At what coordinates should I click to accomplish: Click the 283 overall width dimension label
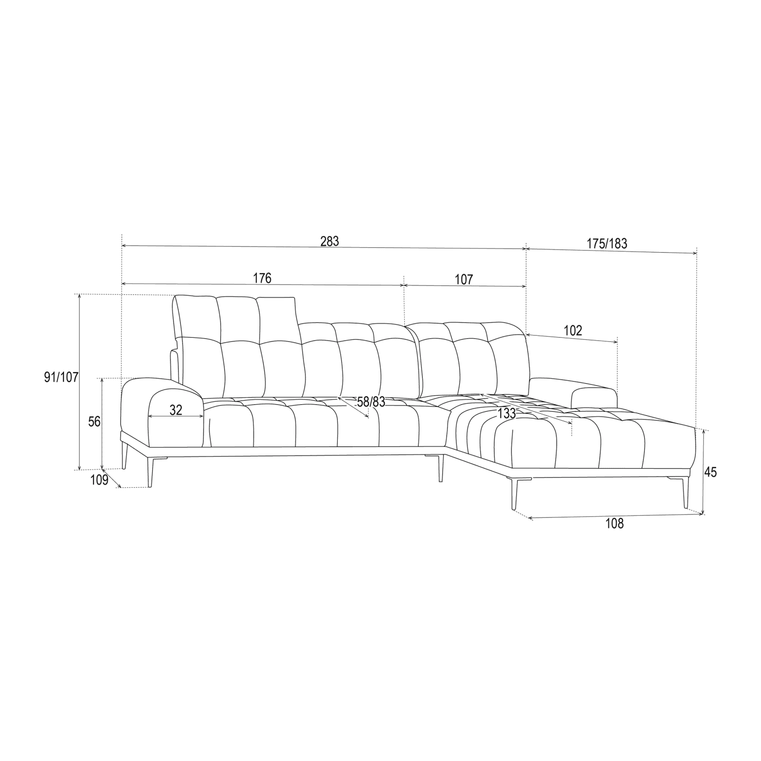click(329, 242)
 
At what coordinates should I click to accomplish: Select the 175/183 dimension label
click(607, 244)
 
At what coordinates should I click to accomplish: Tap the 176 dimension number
click(262, 279)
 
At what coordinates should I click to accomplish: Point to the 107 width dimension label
click(463, 280)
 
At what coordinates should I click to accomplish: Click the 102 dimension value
click(573, 331)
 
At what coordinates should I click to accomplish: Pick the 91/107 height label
click(61, 378)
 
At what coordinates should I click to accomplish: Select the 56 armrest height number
click(95, 422)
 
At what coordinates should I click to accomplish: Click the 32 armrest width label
click(176, 410)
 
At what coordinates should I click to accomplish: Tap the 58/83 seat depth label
click(371, 402)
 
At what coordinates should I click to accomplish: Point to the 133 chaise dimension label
click(507, 413)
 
